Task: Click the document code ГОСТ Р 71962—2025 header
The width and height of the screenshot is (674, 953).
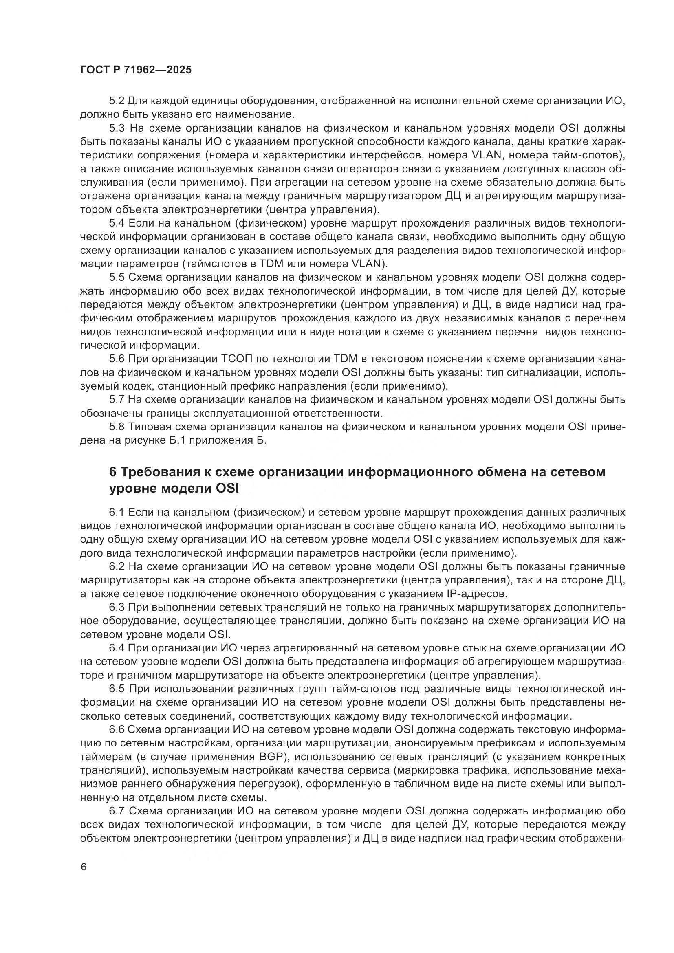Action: [136, 70]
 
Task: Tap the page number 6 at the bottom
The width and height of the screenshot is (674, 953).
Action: [84, 867]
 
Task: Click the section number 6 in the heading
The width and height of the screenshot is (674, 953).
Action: [112, 472]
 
